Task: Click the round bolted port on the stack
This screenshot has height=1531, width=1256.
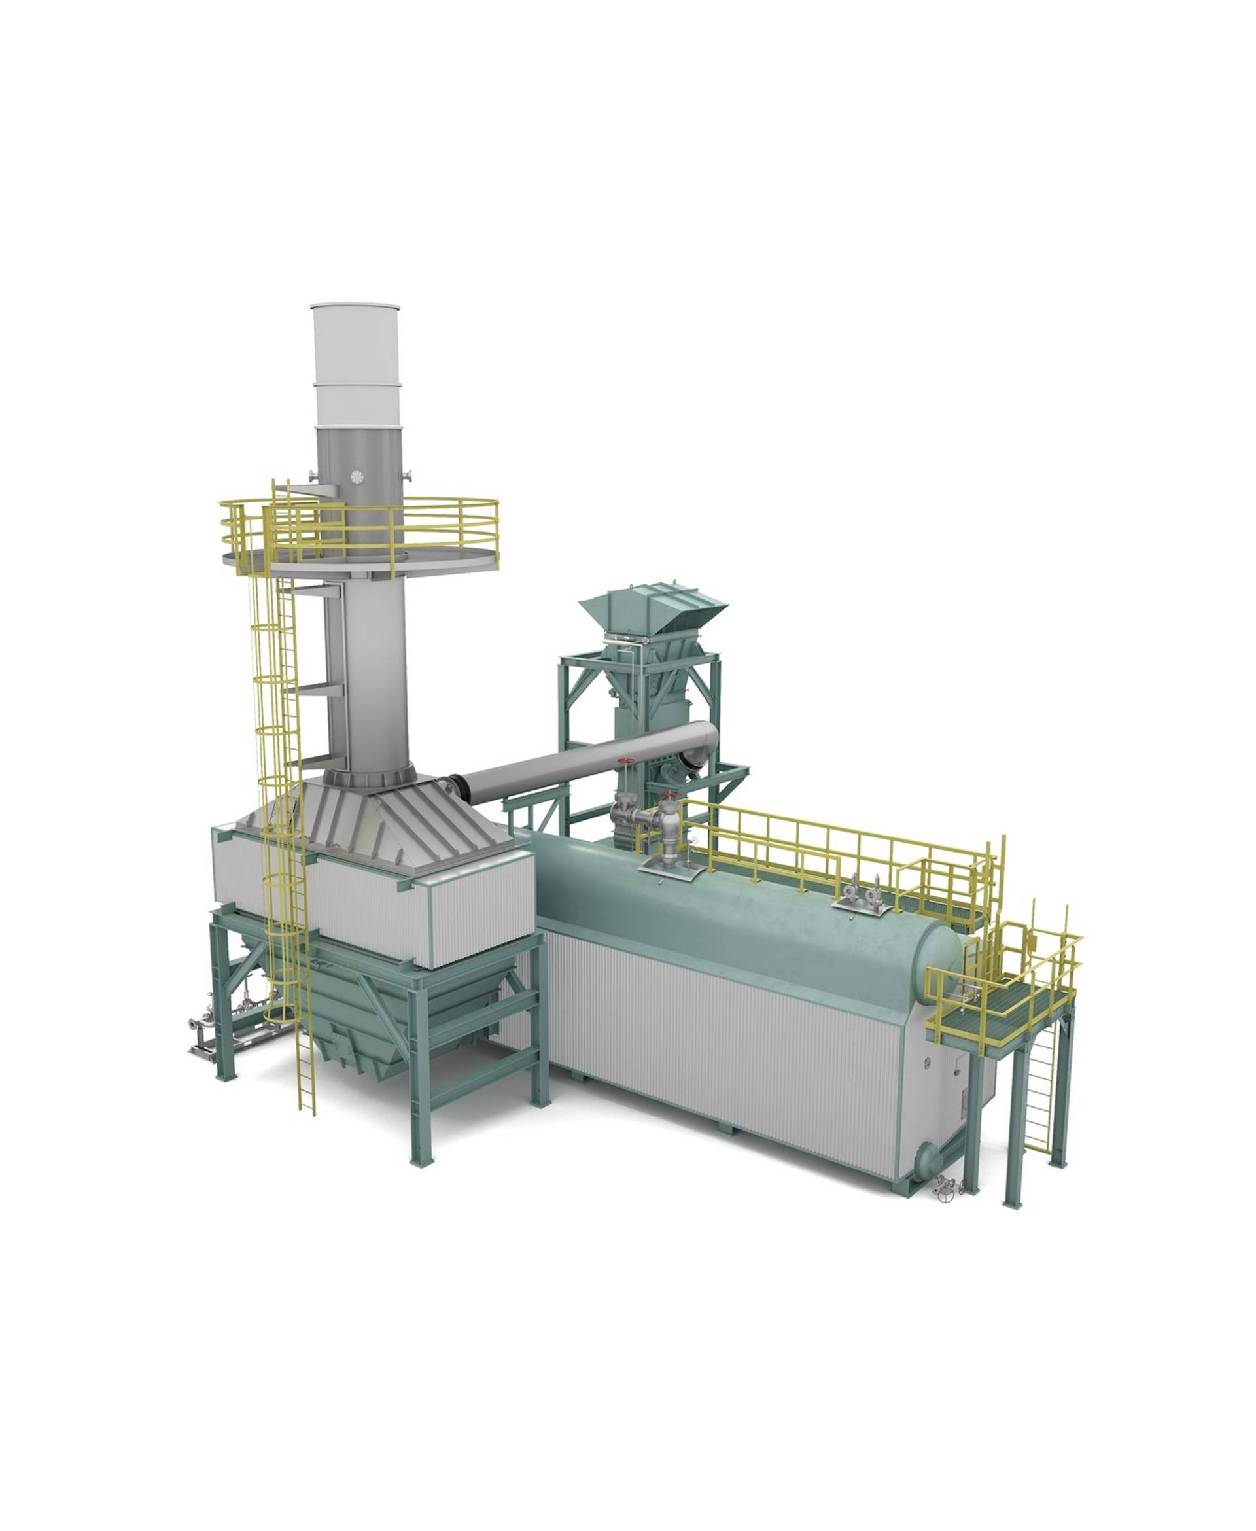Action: tap(356, 476)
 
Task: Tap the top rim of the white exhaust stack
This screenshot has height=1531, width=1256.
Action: tap(355, 306)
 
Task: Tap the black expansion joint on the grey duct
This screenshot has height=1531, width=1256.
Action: tap(455, 786)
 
